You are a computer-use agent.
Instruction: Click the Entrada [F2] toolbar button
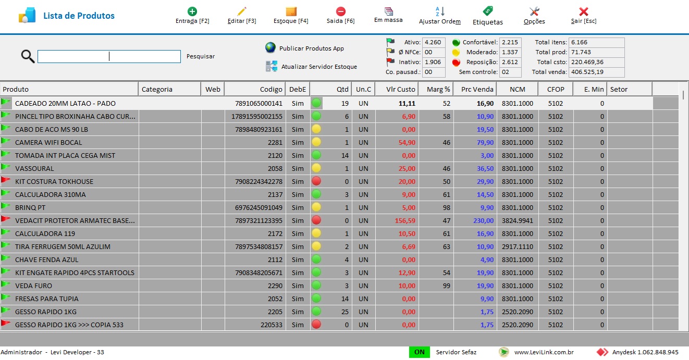(192, 16)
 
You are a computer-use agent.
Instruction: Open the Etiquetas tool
(487, 16)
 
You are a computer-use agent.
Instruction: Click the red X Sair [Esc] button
(584, 16)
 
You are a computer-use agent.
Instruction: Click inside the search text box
(109, 56)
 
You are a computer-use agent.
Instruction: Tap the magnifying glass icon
(28, 56)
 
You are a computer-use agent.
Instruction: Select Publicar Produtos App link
(311, 48)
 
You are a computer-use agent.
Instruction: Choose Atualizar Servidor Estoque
(319, 66)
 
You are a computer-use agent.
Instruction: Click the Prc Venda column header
(477, 89)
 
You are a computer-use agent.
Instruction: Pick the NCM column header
(518, 89)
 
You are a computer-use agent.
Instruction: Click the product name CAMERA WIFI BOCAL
(48, 142)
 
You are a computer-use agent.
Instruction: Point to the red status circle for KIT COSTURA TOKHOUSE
(316, 181)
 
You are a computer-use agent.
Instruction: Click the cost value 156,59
(405, 220)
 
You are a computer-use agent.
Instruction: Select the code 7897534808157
(259, 246)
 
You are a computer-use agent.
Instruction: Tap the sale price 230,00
(483, 220)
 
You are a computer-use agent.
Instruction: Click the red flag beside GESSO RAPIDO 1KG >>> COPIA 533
(6, 324)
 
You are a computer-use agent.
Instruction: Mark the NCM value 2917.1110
(518, 246)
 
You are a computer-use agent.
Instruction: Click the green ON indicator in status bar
(419, 352)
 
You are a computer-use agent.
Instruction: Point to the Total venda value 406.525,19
(587, 72)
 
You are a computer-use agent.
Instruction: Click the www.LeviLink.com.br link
(544, 352)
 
